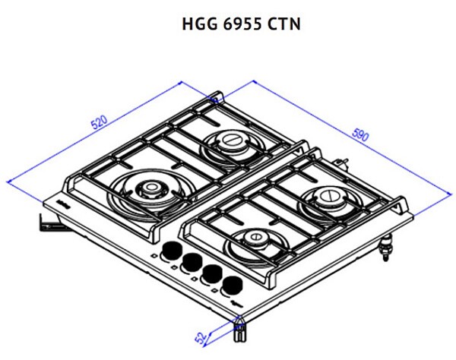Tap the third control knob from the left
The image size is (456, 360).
point(209,273)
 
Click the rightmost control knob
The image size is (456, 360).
point(229,285)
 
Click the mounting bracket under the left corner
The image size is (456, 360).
point(46,223)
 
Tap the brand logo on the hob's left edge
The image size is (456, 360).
point(56,204)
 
